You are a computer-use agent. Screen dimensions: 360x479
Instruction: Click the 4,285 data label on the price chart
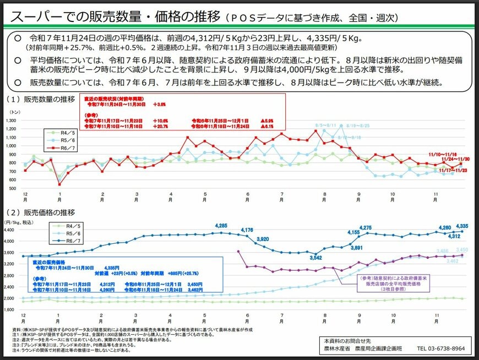coord(221,226)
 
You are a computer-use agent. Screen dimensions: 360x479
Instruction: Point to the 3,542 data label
coord(315,258)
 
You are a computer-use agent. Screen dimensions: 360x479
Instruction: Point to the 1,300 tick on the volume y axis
coord(11,120)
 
